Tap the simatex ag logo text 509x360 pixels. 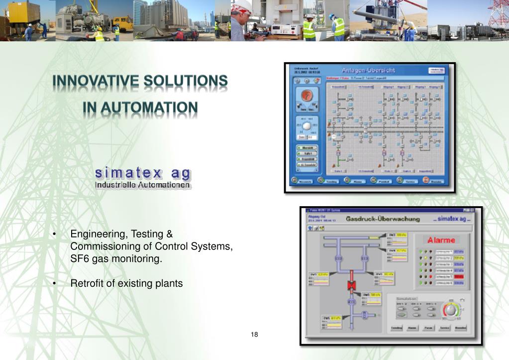point(143,173)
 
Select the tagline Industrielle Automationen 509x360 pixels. point(143,185)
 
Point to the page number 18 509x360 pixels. point(254,334)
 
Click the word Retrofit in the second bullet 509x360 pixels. point(86,283)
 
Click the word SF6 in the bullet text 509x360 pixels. point(80,259)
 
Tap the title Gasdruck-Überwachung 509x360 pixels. point(383,219)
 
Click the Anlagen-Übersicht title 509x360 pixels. point(369,70)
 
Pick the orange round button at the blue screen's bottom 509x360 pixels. point(426,180)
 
